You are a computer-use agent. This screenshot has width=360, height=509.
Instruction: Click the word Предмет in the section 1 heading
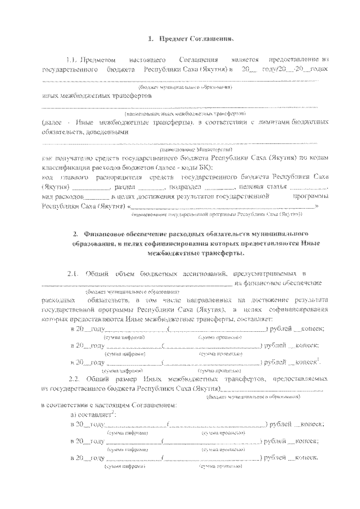point(174,39)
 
